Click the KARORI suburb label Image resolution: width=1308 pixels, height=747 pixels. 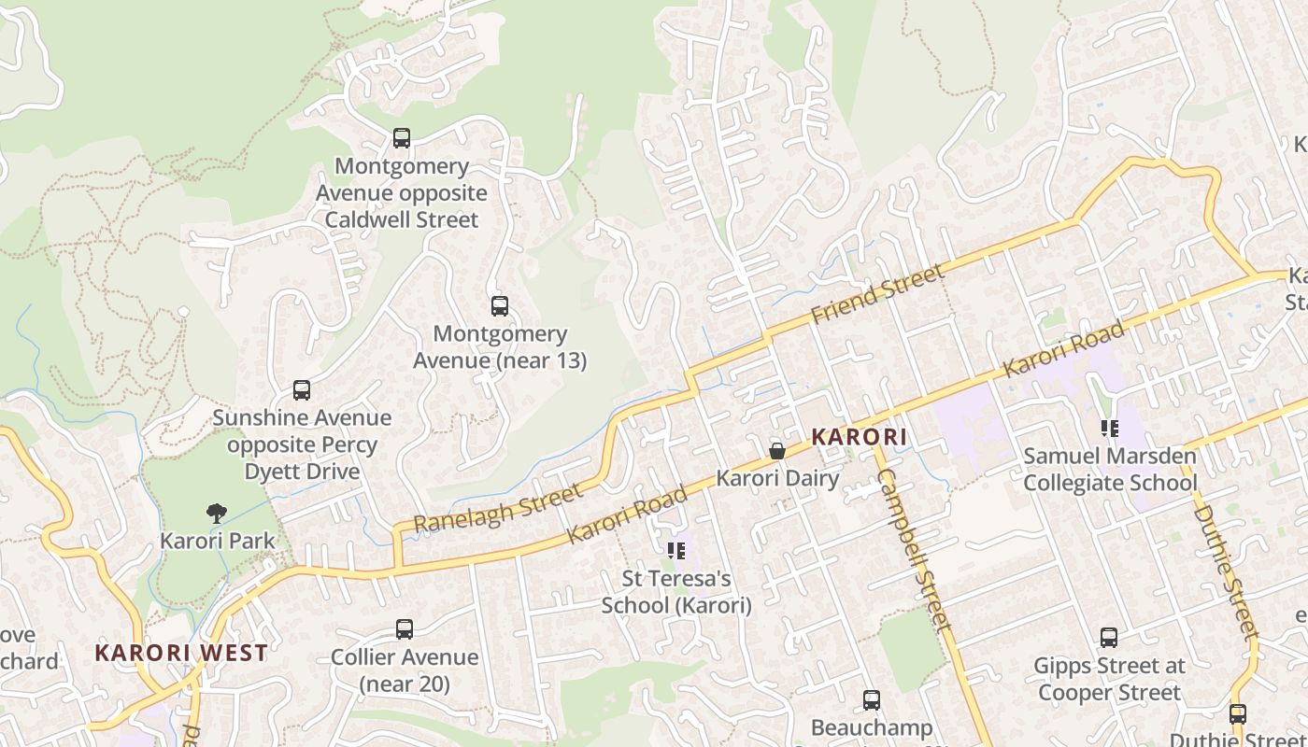860,437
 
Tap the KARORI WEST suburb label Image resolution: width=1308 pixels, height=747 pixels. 181,653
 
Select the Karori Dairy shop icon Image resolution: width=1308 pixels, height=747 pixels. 776,452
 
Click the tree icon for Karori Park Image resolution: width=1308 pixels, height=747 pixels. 217,513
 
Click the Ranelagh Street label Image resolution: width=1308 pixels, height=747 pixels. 496,507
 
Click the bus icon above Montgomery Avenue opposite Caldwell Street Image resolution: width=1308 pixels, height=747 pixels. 402,138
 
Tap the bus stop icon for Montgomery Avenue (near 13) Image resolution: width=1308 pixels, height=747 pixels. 500,305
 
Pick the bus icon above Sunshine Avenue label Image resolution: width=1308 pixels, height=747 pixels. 301,390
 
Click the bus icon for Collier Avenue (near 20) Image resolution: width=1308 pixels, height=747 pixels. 405,629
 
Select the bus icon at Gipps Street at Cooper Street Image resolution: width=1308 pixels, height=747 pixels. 1109,638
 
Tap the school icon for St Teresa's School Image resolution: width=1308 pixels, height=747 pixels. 676,552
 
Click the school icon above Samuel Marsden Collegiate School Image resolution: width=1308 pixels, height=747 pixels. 1110,429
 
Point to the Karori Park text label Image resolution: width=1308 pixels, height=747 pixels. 218,541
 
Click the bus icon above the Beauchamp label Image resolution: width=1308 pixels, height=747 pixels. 872,699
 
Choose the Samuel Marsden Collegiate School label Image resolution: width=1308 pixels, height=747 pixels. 1110,470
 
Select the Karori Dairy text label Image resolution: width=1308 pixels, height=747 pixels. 777,478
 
